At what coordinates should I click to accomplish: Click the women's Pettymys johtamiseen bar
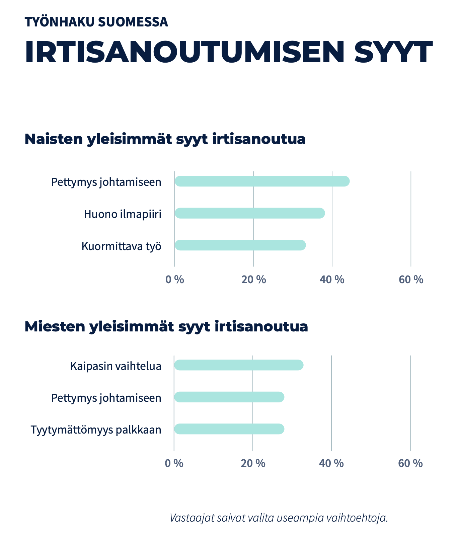pyautogui.click(x=262, y=181)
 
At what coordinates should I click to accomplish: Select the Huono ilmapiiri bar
pyautogui.click(x=249, y=213)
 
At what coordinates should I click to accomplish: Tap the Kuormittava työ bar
pyautogui.click(x=240, y=245)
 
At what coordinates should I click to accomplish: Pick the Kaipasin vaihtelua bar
pyautogui.click(x=238, y=365)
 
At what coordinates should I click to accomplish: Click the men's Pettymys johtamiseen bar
pyautogui.click(x=229, y=397)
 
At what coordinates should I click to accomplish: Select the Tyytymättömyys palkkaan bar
pyautogui.click(x=229, y=429)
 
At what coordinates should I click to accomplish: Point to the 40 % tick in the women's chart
pyautogui.click(x=332, y=279)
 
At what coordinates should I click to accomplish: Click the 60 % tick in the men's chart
pyautogui.click(x=410, y=463)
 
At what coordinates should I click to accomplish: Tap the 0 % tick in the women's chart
pyautogui.click(x=174, y=279)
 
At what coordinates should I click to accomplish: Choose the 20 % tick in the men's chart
pyautogui.click(x=253, y=463)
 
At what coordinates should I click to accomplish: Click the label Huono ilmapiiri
pyautogui.click(x=123, y=214)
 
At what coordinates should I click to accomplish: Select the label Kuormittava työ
pyautogui.click(x=121, y=246)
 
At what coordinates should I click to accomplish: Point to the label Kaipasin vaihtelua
pyautogui.click(x=116, y=366)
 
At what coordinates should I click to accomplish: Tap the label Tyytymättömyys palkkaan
pyautogui.click(x=96, y=430)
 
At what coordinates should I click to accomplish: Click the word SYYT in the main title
pyautogui.click(x=393, y=53)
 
